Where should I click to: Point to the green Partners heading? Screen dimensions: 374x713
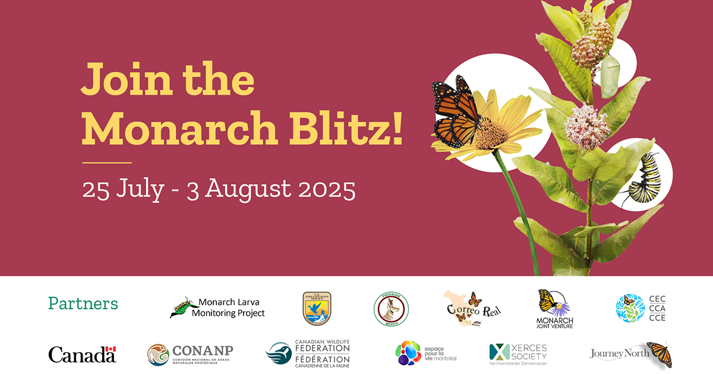pos(83,303)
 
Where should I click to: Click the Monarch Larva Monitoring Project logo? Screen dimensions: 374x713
pos(217,308)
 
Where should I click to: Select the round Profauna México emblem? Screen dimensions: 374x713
pos(390,309)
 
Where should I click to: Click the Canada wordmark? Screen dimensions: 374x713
pos(82,354)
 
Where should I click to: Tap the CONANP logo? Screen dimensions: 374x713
pos(190,354)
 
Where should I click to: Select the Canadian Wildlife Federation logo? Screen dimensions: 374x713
pos(308,354)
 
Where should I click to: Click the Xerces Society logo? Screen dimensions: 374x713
pos(518,354)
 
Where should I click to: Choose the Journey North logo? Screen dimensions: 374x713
pos(631,354)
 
